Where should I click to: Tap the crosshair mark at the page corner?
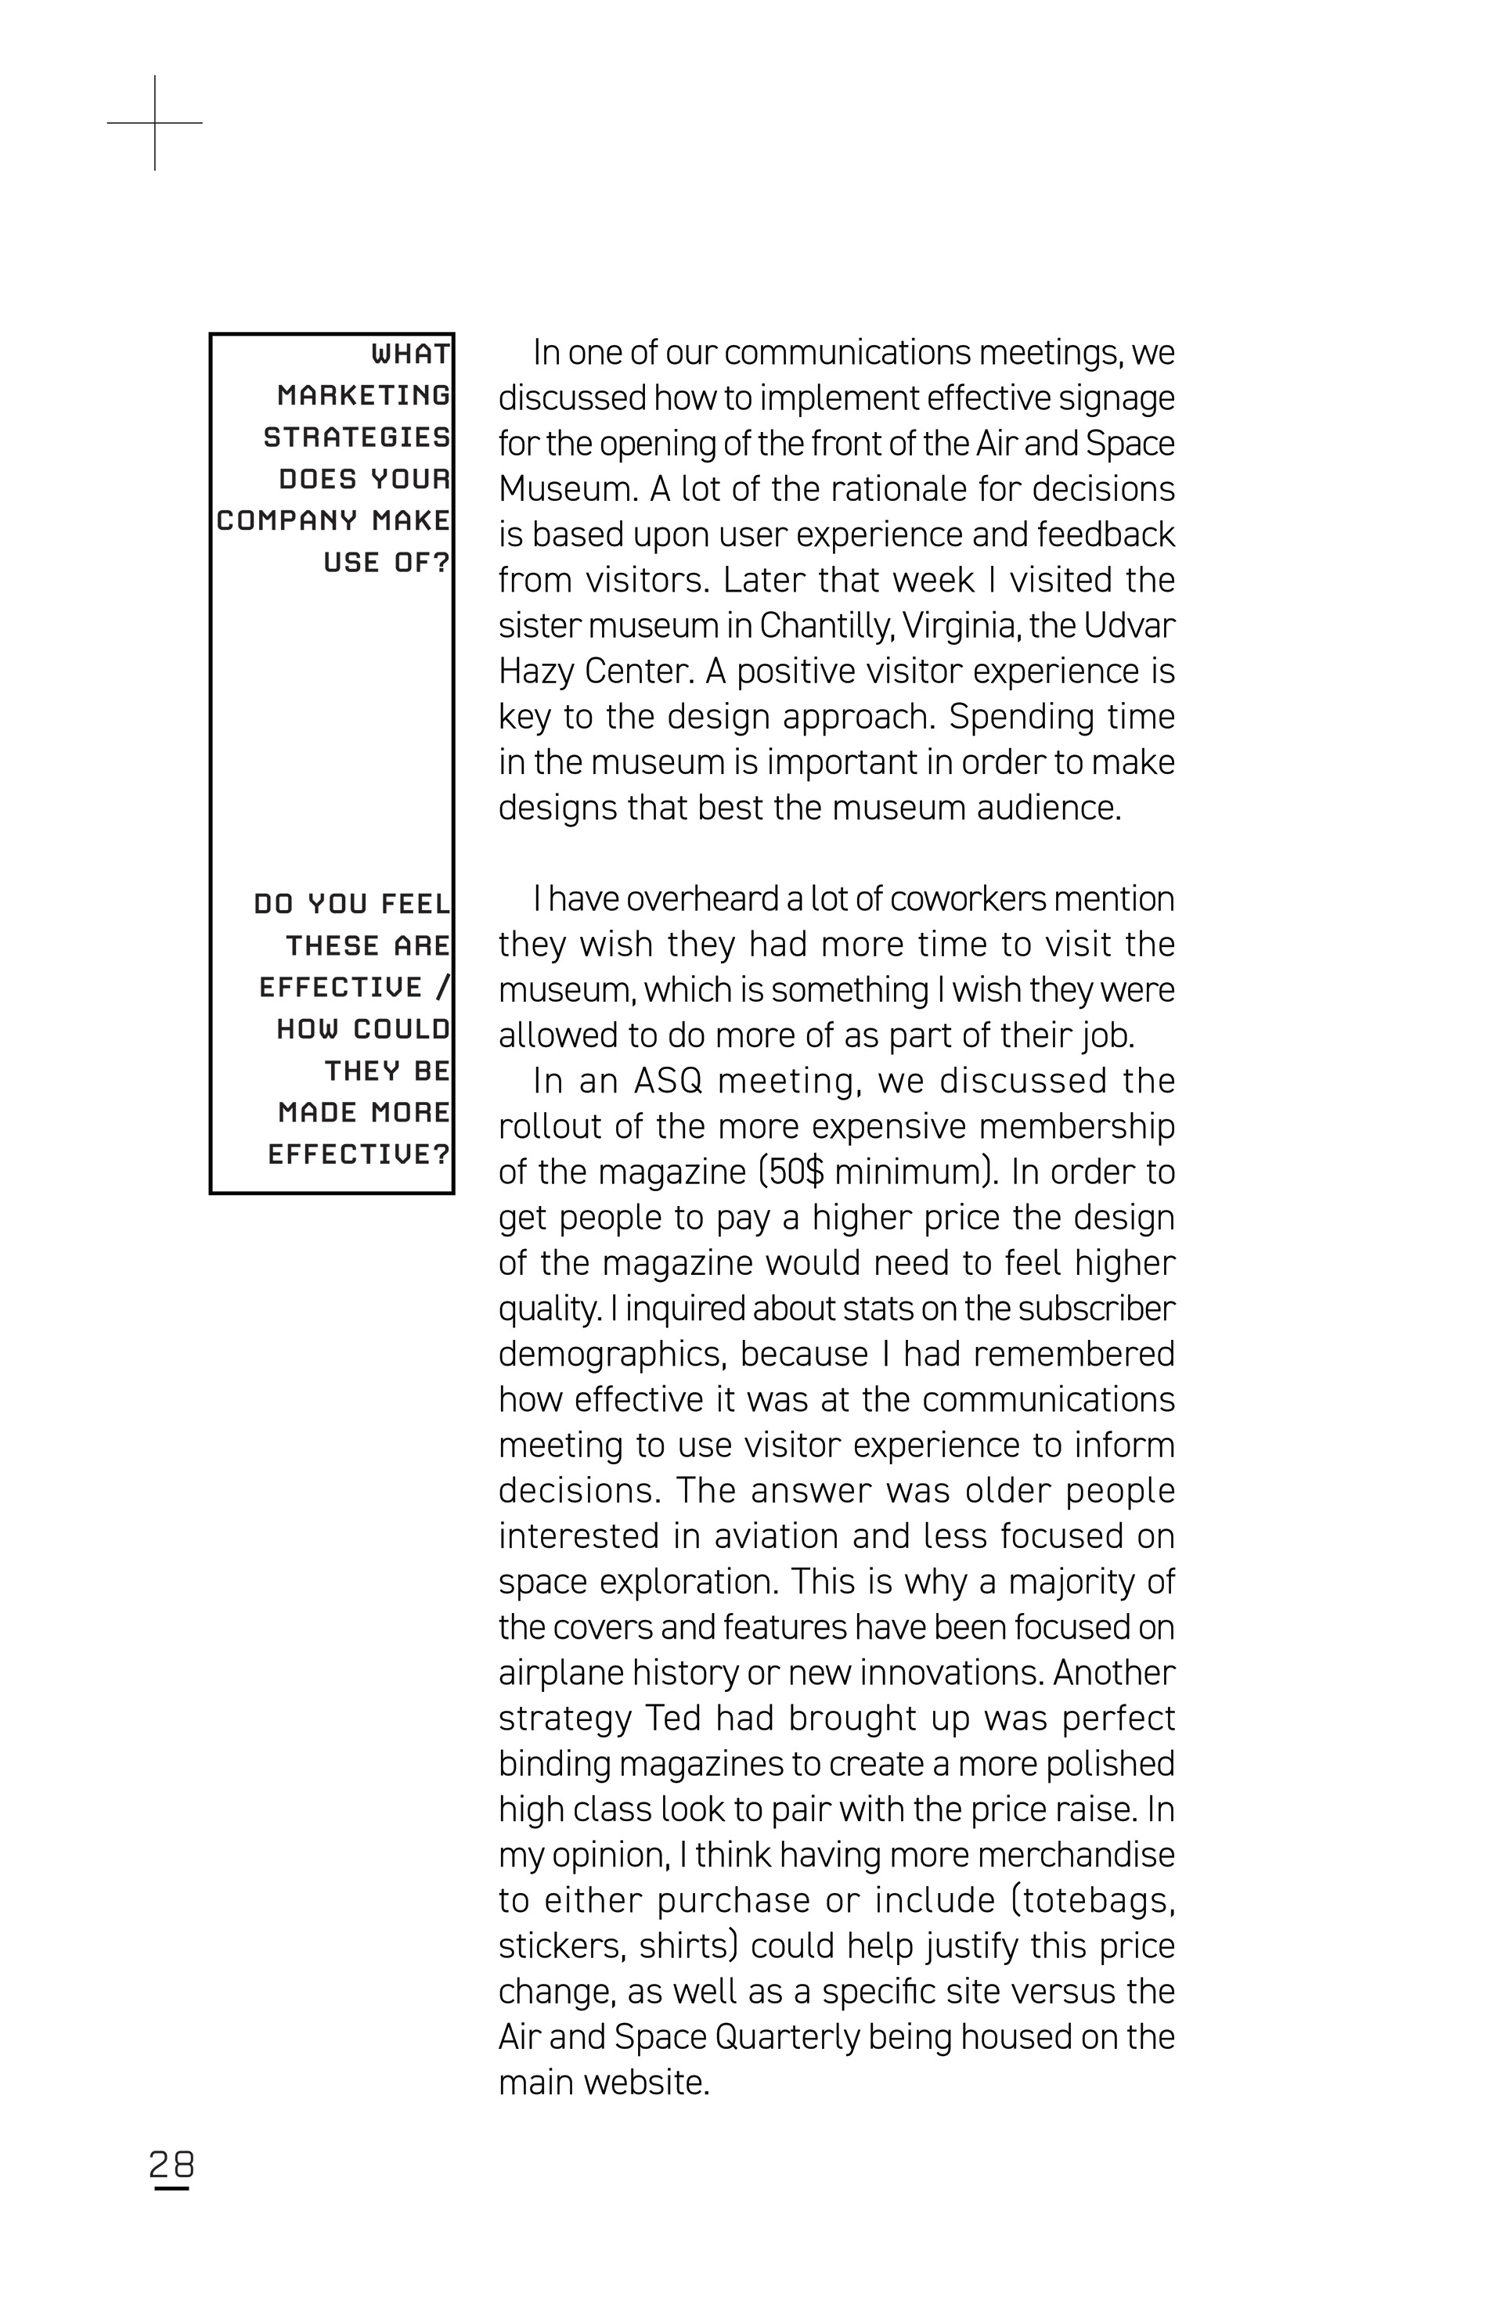point(154,123)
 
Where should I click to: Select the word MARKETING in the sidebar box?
point(363,395)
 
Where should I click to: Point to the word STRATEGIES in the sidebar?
point(356,437)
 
